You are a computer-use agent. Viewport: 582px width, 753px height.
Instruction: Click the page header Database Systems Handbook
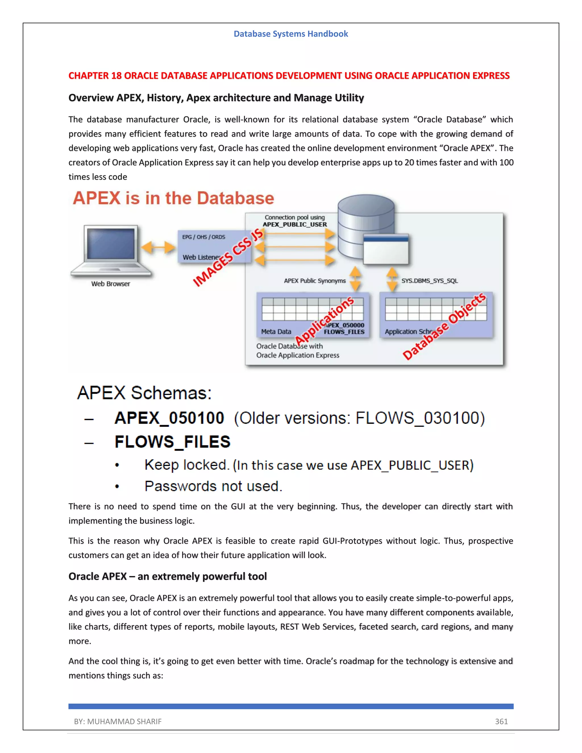(x=291, y=34)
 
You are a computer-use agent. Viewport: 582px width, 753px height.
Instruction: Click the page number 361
(x=501, y=721)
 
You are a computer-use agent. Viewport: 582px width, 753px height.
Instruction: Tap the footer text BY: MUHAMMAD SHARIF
(x=118, y=721)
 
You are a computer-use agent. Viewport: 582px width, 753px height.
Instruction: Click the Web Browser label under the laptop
(x=110, y=284)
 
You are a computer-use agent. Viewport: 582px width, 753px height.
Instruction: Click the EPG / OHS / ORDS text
(x=203, y=237)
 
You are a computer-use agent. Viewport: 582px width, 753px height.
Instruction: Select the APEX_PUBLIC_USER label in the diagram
(x=295, y=224)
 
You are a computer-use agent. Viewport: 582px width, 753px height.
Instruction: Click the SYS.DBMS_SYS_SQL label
(x=429, y=281)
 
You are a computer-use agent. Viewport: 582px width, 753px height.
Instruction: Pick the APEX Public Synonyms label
(x=315, y=281)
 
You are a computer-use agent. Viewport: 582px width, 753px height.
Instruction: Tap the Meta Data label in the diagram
(x=276, y=331)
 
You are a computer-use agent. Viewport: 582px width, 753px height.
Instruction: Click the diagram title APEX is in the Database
(x=173, y=198)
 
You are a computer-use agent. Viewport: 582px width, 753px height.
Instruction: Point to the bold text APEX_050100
(x=169, y=418)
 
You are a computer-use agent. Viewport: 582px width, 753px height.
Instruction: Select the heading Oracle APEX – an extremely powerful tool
(x=168, y=577)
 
